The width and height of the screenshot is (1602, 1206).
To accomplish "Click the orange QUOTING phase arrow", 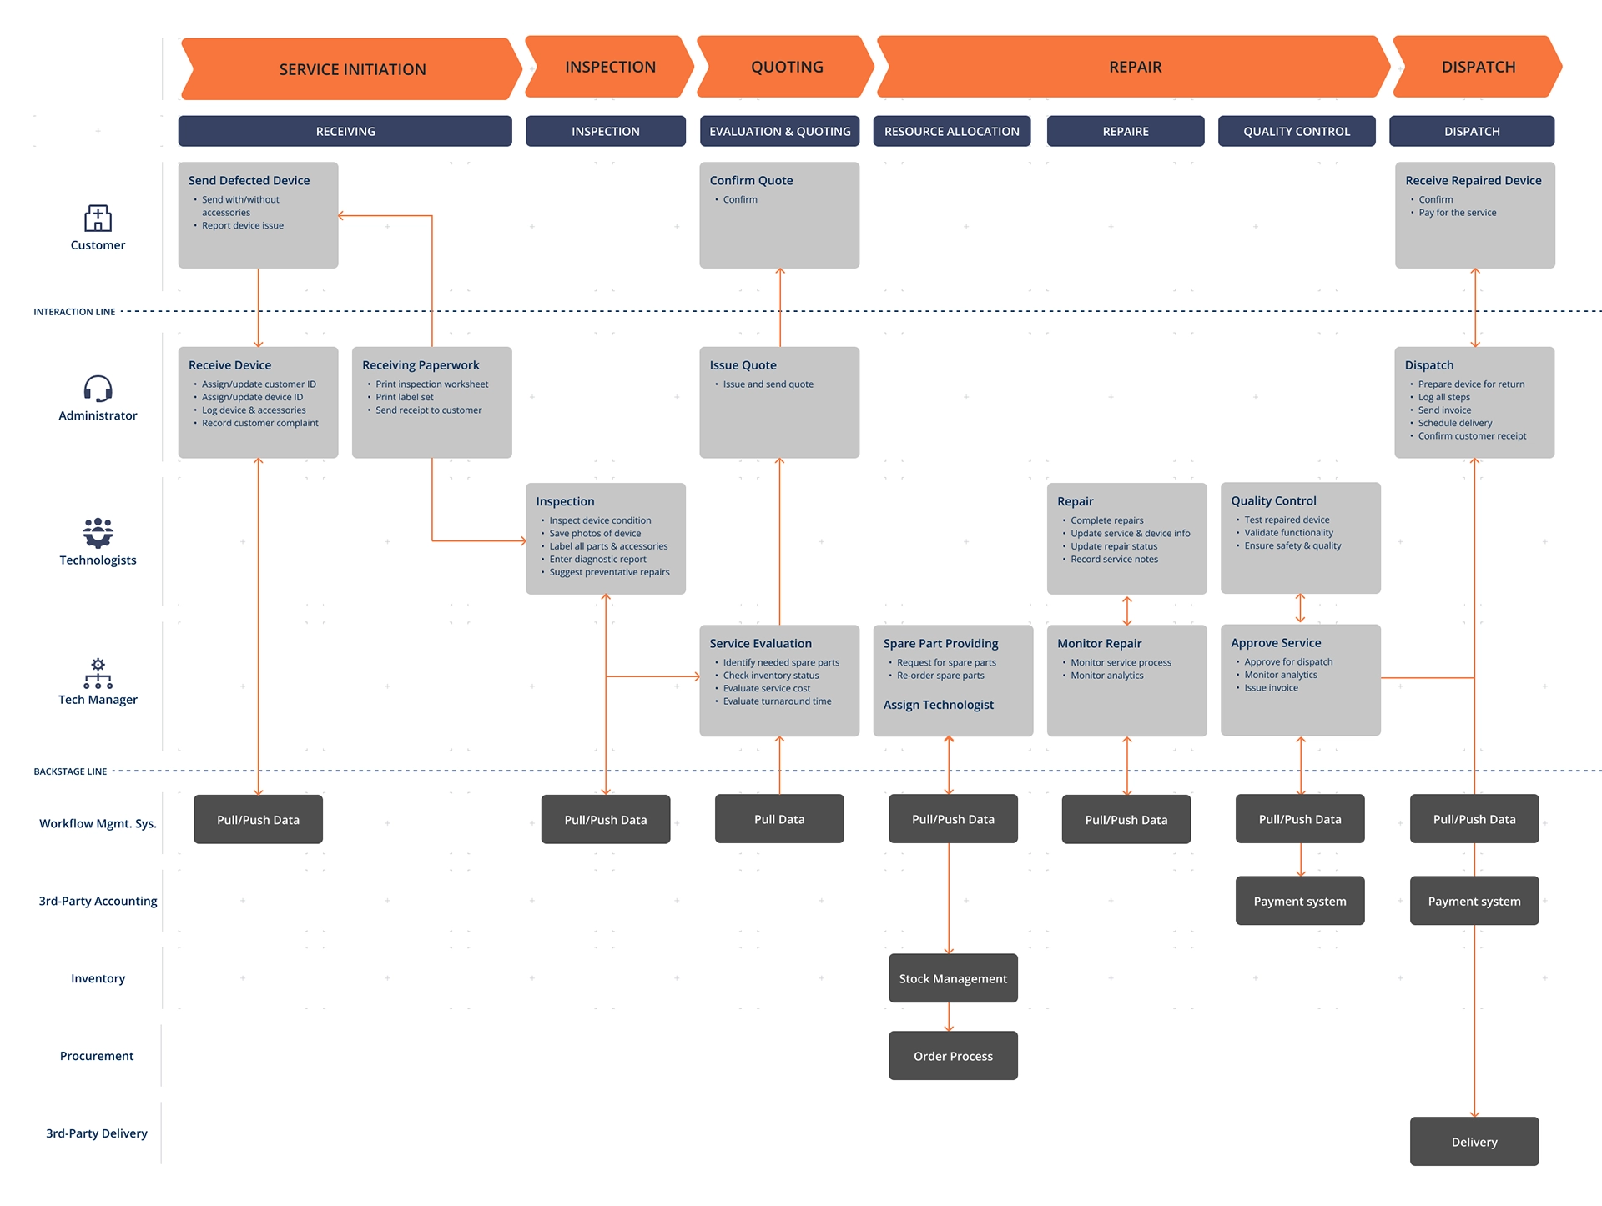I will click(786, 67).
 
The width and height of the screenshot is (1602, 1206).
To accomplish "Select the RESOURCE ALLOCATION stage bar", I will click(951, 131).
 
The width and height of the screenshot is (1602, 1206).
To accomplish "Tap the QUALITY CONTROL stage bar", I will click(1296, 131).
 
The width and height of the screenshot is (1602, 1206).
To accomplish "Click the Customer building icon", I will click(98, 219).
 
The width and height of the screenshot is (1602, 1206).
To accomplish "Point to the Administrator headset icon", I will click(98, 389).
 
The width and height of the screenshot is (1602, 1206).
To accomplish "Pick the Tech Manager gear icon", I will click(98, 673).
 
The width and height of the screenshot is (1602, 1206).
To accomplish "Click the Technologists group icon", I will click(98, 532).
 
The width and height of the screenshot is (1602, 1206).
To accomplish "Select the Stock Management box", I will click(953, 978).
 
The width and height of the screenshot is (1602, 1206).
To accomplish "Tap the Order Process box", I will click(953, 1056).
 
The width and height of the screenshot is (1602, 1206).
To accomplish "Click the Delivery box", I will click(1474, 1142).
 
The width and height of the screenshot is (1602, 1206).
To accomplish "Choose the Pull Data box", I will click(779, 819).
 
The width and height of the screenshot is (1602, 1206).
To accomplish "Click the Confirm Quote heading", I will click(751, 180).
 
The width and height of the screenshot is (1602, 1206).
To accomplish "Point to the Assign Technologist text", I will click(939, 705).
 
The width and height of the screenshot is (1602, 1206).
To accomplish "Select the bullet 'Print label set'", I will click(404, 397).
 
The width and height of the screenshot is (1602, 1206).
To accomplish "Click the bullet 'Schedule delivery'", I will click(1455, 423).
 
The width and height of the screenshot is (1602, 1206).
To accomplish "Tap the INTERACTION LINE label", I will click(74, 312).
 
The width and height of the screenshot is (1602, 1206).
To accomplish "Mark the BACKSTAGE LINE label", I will click(70, 771).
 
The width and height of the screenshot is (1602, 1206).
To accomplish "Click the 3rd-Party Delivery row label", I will click(97, 1133).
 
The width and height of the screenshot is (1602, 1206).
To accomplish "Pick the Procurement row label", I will click(97, 1056).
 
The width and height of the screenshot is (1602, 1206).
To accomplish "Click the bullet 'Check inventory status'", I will click(771, 676).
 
